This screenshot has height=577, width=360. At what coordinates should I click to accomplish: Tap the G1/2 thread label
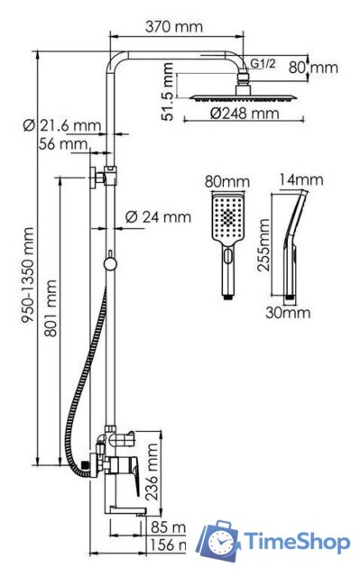click(263, 63)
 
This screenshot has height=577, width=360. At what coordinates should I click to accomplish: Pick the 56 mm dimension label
click(63, 143)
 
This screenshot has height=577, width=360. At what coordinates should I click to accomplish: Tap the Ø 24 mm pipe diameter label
click(159, 216)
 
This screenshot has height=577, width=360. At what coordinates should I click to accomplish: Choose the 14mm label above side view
click(300, 180)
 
